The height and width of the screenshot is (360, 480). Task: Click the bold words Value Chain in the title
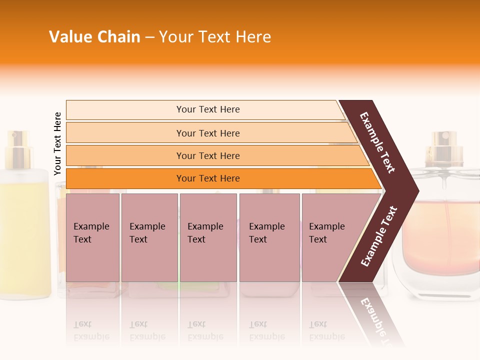coord(94,37)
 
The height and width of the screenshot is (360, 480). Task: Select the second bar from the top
coord(208,133)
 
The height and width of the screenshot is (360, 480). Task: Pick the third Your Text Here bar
coord(208,155)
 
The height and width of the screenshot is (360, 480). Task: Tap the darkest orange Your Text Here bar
coord(208,178)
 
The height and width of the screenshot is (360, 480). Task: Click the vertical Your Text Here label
coord(57,143)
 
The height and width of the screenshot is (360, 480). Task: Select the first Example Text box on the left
coord(92,237)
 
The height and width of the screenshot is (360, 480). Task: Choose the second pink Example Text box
coord(149,237)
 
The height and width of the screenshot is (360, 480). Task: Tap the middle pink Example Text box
coord(208,237)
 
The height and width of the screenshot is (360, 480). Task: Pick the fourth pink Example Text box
coord(269,237)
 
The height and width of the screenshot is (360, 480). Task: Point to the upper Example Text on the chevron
coord(377,142)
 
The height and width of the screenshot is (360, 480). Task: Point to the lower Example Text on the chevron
coord(379,236)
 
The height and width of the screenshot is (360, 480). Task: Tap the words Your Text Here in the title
coord(215,37)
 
